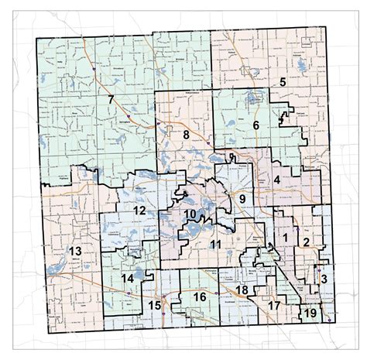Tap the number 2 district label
306,243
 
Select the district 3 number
324,279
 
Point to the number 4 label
276,180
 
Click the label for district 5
283,82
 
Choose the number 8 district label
186,135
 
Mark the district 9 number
242,200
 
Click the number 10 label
190,214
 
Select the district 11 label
216,245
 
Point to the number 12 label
139,211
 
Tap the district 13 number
75,252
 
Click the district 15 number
155,305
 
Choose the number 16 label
199,297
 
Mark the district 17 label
273,306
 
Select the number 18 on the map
242,290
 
